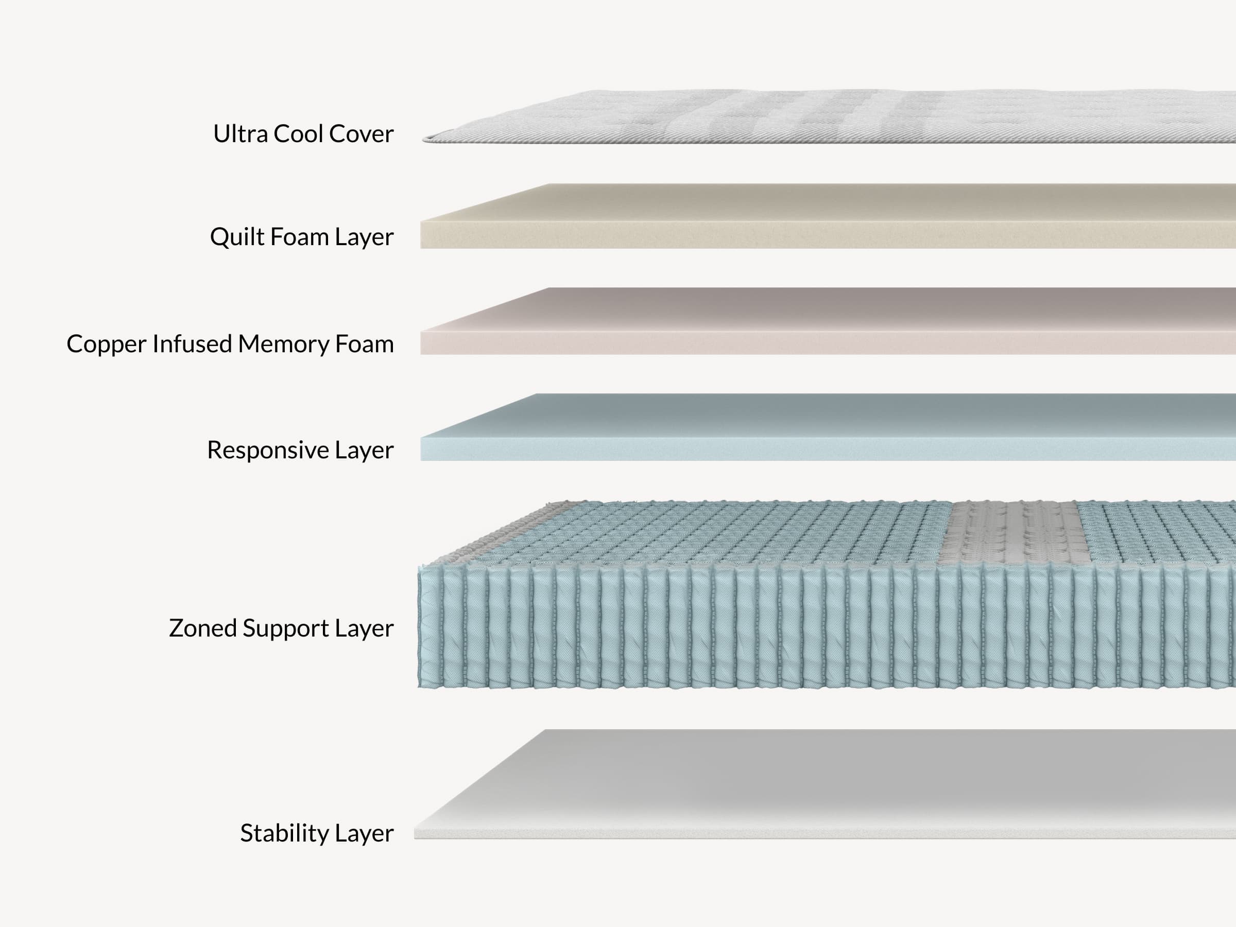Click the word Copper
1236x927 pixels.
tap(106, 344)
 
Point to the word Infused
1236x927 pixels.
tap(192, 344)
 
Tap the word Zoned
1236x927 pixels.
tap(202, 629)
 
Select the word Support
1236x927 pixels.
tap(285, 629)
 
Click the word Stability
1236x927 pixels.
tap(284, 833)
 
